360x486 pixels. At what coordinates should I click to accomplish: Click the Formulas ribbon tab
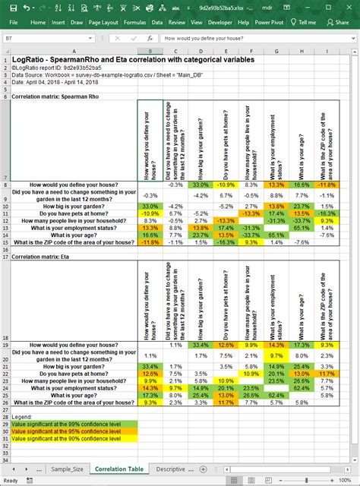pyautogui.click(x=134, y=22)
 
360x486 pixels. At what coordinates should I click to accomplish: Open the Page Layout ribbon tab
pyautogui.click(x=103, y=22)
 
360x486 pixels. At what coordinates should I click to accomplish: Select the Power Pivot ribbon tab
pyautogui.click(x=270, y=22)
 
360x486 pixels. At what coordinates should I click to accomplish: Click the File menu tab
pyautogui.click(x=13, y=22)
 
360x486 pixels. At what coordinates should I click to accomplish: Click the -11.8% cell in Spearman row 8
pyautogui.click(x=325, y=185)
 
